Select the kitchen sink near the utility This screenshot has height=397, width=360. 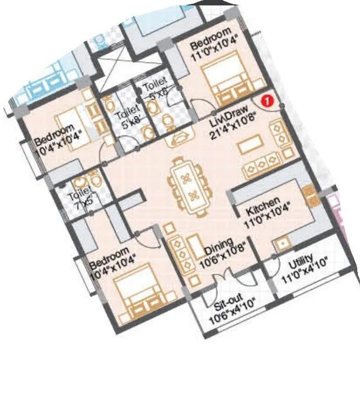[x=282, y=244]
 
